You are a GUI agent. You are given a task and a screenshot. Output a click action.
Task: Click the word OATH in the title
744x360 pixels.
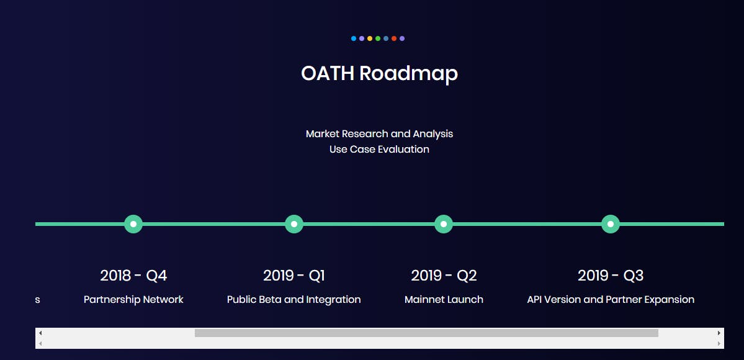(x=328, y=74)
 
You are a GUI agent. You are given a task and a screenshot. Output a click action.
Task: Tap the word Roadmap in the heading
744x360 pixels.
(x=408, y=74)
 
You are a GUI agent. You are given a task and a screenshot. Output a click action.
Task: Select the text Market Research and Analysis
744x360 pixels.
(x=379, y=134)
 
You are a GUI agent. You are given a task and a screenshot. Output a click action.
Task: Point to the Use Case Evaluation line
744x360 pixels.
(x=379, y=149)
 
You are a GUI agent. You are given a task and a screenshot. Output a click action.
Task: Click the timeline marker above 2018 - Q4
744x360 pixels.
(x=133, y=224)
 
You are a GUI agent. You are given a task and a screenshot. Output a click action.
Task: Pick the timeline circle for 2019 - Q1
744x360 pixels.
(x=294, y=224)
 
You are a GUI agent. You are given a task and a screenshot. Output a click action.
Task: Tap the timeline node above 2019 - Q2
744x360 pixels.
(x=444, y=224)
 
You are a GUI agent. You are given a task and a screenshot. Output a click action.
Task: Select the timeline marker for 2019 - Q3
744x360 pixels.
(x=611, y=224)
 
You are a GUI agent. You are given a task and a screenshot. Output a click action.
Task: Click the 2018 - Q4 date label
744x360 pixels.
(x=133, y=276)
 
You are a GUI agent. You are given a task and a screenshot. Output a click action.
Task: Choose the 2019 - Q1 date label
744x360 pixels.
(x=294, y=276)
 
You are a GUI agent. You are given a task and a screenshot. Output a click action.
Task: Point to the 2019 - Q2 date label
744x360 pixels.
(x=444, y=276)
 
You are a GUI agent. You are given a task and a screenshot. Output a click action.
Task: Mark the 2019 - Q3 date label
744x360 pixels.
(x=611, y=276)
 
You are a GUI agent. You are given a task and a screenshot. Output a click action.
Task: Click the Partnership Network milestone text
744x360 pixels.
(x=133, y=300)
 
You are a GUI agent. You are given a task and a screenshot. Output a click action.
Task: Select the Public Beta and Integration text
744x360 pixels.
(x=294, y=300)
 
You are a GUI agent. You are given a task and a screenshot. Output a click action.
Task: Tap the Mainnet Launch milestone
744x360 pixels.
(x=444, y=300)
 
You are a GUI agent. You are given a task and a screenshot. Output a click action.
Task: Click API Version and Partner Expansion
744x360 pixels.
(x=611, y=300)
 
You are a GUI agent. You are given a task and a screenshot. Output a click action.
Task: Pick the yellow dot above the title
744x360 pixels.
(x=370, y=38)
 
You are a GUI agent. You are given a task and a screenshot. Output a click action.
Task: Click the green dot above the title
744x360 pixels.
(x=378, y=38)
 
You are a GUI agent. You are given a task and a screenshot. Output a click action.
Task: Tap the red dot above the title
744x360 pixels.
(x=394, y=38)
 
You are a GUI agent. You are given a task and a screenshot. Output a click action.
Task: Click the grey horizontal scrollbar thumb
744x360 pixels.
(x=426, y=333)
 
